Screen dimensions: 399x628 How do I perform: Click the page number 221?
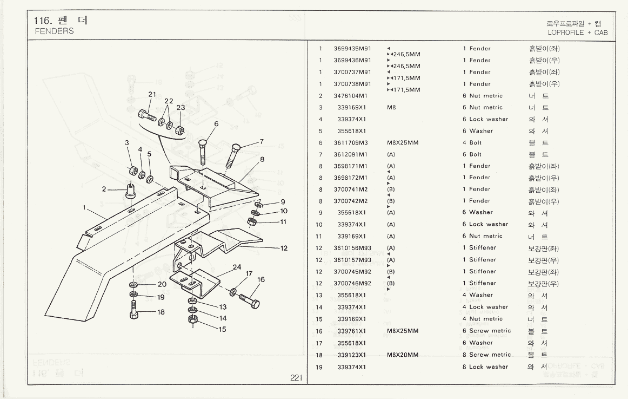(x=296, y=378)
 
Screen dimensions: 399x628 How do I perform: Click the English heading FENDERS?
(x=54, y=31)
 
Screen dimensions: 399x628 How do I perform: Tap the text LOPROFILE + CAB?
(x=577, y=32)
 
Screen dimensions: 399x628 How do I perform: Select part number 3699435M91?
(x=352, y=49)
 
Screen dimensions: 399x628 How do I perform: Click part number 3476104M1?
(x=351, y=96)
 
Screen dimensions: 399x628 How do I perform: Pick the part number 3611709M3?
(x=351, y=143)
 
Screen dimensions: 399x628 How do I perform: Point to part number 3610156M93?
(x=352, y=248)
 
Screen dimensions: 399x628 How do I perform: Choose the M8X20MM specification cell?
(x=403, y=355)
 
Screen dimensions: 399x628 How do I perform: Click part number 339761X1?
(x=352, y=331)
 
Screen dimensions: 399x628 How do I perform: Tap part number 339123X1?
(x=352, y=355)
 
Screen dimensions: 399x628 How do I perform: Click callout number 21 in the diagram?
(x=152, y=94)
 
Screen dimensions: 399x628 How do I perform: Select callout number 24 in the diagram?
(x=237, y=267)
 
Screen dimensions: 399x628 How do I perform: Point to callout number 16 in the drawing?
(x=261, y=280)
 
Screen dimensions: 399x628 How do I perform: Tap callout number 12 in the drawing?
(x=284, y=248)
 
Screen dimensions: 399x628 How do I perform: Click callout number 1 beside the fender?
(x=84, y=207)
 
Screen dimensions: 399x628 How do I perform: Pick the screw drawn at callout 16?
(x=250, y=299)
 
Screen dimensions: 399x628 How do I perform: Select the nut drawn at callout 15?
(x=192, y=320)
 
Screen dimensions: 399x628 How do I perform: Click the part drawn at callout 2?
(x=130, y=191)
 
